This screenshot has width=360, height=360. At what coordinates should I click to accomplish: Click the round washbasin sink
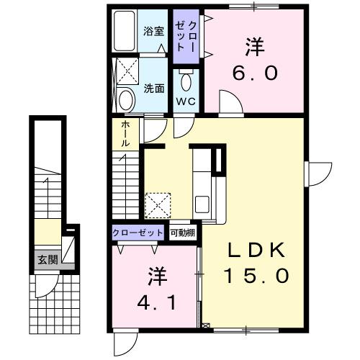tap(125, 98)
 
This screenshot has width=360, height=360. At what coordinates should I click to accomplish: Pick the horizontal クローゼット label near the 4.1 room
tap(139, 233)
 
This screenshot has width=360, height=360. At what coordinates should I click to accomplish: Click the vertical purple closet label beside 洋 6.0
tap(185, 36)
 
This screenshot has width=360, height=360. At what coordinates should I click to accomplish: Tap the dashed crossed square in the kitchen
tap(158, 204)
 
